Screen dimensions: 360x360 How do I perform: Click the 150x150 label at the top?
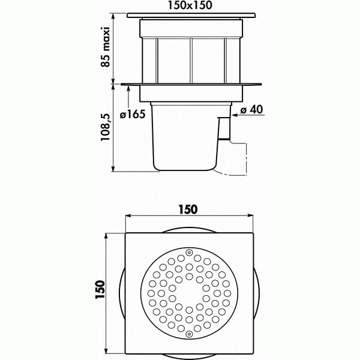click(190, 5)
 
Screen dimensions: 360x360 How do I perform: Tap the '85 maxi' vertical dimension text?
click(106, 47)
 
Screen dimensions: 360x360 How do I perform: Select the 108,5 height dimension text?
click(106, 127)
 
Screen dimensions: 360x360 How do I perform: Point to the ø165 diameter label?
click(133, 114)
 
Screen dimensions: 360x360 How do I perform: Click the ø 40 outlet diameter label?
click(251, 109)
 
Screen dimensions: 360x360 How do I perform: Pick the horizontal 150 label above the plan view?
click(188, 209)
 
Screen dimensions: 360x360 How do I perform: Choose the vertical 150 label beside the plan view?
click(100, 289)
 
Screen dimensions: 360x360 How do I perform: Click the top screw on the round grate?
click(189, 253)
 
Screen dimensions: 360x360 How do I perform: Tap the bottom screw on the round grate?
click(189, 334)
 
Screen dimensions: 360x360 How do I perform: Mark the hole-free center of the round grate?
click(189, 293)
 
